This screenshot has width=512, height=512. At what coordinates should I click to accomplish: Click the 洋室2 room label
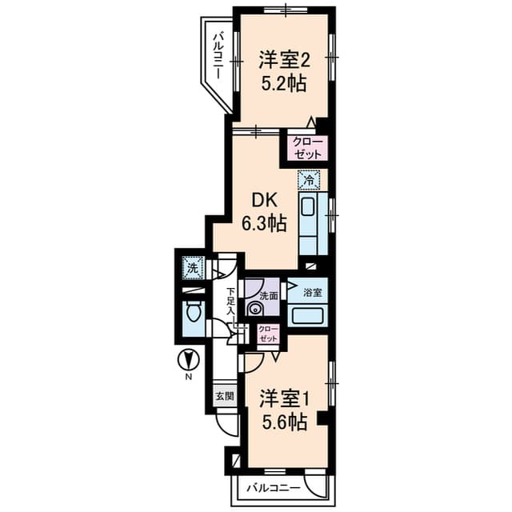(x=284, y=61)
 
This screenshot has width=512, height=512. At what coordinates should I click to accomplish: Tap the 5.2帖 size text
(x=284, y=84)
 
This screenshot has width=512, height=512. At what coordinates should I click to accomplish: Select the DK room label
(x=265, y=200)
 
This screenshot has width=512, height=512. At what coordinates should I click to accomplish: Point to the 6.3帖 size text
(x=264, y=223)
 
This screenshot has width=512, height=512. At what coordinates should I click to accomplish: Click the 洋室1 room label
(x=284, y=399)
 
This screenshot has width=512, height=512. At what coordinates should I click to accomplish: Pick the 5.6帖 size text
(x=284, y=422)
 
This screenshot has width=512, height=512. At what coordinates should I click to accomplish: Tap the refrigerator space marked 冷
(x=309, y=179)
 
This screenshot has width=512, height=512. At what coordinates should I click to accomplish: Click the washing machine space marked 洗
(x=193, y=269)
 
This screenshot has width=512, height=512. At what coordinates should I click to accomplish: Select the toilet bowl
(x=194, y=312)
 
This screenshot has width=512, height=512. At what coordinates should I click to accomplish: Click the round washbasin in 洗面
(x=254, y=308)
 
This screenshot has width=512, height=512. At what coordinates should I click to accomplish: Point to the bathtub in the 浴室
(x=307, y=315)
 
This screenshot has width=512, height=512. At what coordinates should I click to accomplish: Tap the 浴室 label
(x=313, y=293)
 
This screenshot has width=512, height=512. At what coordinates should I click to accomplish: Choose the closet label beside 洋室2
(x=307, y=148)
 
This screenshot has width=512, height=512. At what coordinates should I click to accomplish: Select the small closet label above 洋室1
(x=269, y=334)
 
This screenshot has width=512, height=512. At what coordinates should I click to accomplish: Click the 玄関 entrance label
(x=225, y=397)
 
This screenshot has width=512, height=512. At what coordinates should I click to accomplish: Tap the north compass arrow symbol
(x=188, y=361)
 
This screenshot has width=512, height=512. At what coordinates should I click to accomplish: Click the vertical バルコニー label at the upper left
(x=218, y=55)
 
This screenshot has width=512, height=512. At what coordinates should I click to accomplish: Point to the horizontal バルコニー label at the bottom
(x=274, y=489)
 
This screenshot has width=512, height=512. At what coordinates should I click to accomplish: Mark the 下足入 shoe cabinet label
(x=231, y=301)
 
